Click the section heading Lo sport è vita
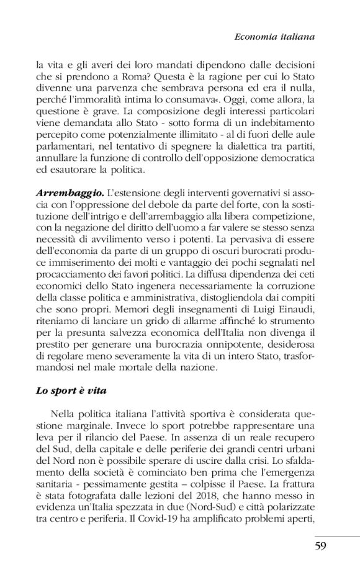[x=72, y=391]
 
